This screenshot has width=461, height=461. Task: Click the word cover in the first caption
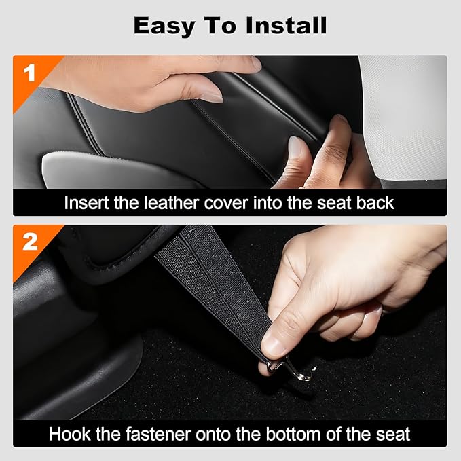coord(231,202)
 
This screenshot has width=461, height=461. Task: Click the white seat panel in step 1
coord(404,115)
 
